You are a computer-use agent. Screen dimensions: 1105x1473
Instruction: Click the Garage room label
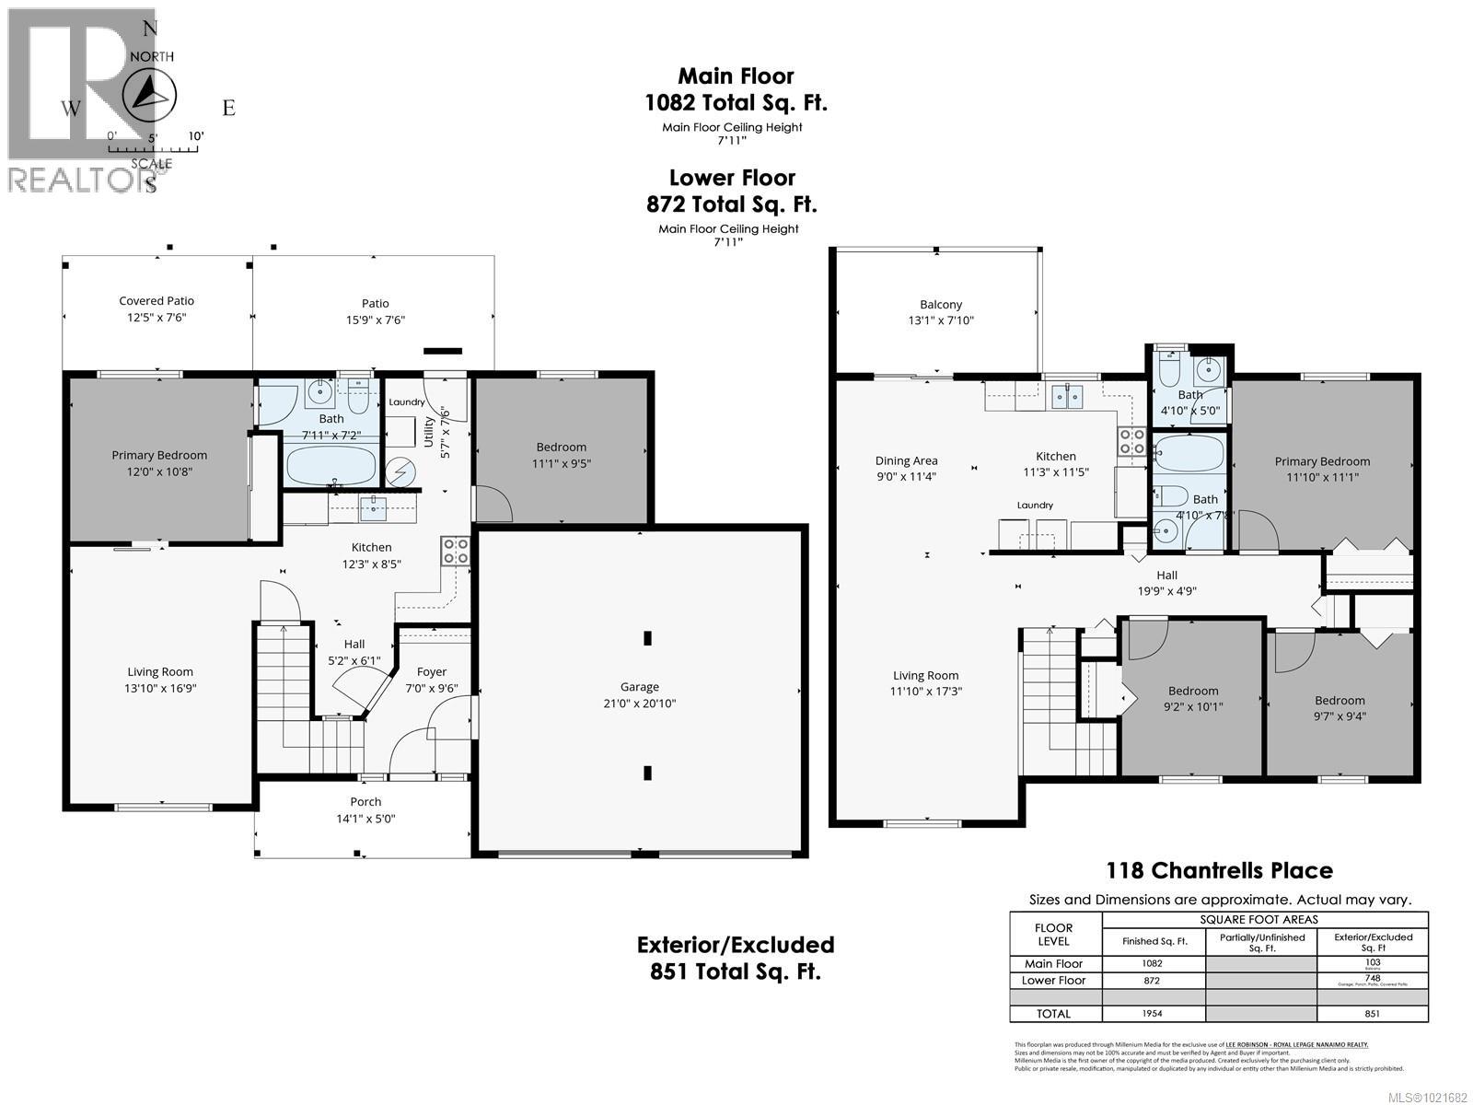coord(639,687)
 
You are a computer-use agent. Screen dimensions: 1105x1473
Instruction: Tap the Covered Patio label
coord(157,301)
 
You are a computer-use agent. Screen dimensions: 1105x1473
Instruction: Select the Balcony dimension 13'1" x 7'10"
coord(940,320)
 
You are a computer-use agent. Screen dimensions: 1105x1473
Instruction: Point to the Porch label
coord(365,802)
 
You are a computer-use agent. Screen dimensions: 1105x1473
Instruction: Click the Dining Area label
coord(906,460)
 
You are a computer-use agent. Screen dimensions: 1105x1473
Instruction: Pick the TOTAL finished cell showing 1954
coord(1153,1014)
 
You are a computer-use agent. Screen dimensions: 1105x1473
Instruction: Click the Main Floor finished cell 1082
coord(1153,963)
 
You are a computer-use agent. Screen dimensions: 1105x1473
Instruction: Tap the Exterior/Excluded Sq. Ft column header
coord(1373,942)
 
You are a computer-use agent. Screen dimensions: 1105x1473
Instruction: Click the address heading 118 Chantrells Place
coord(1219,870)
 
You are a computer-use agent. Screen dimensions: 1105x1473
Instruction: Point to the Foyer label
coord(431,672)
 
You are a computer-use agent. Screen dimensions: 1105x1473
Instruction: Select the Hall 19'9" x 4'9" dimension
coord(1166,592)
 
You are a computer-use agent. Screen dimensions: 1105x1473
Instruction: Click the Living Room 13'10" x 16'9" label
coord(160,680)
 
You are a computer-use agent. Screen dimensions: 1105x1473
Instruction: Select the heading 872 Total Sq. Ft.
coord(732,204)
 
